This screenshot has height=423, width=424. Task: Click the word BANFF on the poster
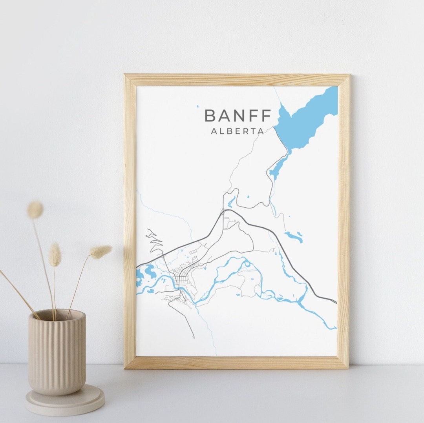click(238, 116)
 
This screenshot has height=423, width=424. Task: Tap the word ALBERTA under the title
click(238, 132)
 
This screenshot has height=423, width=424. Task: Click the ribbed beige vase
click(57, 353)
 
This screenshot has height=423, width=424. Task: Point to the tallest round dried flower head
click(35, 210)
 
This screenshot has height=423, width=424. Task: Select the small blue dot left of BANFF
click(199, 106)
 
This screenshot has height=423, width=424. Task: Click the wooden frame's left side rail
click(130, 220)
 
